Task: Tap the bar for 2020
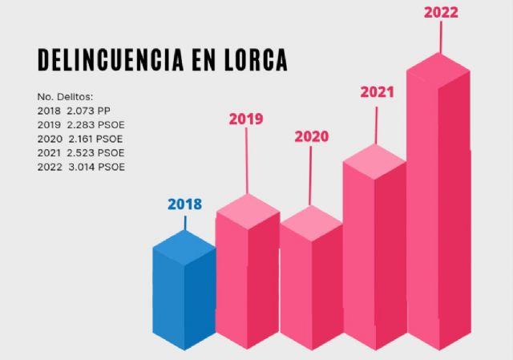(x=311, y=289)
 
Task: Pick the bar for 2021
(x=374, y=257)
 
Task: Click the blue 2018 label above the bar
(x=184, y=204)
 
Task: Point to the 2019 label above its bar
(x=246, y=119)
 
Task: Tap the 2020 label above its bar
(x=311, y=136)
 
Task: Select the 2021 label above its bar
(x=376, y=91)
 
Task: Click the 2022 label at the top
(x=441, y=13)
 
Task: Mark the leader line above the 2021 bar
(x=376, y=124)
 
